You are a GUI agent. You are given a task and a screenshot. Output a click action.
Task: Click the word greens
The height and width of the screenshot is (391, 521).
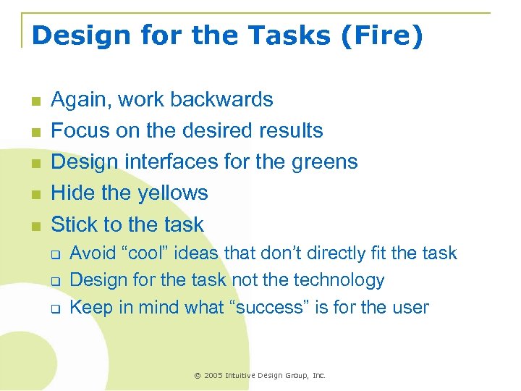(x=323, y=161)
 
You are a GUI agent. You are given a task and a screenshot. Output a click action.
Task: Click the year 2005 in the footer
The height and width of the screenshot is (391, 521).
(x=213, y=375)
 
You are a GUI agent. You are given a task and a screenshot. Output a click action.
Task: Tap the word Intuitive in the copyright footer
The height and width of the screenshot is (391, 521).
(x=245, y=375)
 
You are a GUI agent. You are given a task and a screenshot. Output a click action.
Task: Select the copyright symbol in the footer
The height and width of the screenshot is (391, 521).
(x=198, y=375)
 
